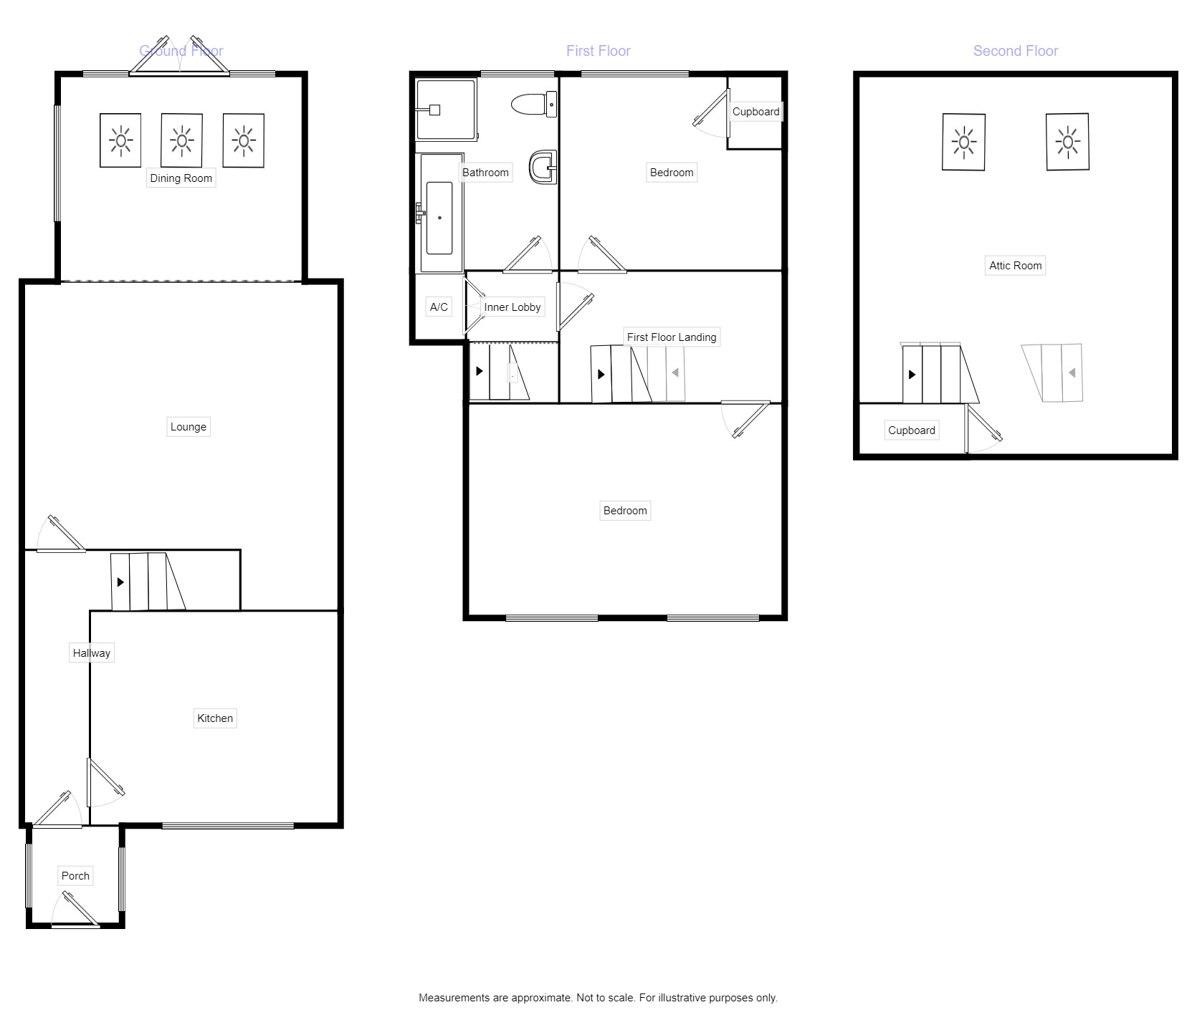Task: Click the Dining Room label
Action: [x=181, y=178]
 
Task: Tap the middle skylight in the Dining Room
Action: [x=182, y=140]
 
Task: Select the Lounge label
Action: [x=188, y=427]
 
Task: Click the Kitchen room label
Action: [x=215, y=718]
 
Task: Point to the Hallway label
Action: [x=91, y=653]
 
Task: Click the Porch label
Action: [x=75, y=876]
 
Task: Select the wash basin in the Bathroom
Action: [x=543, y=168]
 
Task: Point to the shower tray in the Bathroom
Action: [x=446, y=110]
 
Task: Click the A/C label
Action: [x=439, y=307]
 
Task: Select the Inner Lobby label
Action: [x=512, y=307]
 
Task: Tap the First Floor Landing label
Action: [x=671, y=337]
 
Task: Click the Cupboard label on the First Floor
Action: [x=755, y=112]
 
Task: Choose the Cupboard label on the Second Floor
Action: [x=911, y=430]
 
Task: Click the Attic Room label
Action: [x=1015, y=266]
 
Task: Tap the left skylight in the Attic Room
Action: [x=963, y=142]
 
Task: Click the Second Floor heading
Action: [x=1015, y=51]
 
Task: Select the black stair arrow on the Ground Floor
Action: [x=120, y=582]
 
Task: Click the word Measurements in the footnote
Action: [x=454, y=998]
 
